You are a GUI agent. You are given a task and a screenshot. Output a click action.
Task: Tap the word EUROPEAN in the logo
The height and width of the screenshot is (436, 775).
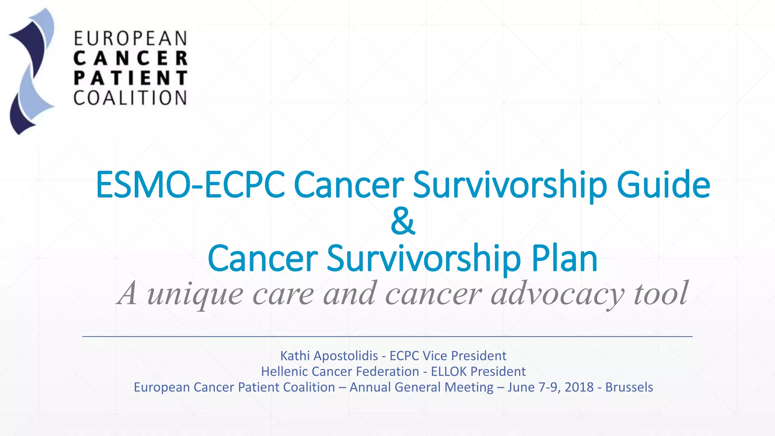[x=131, y=39]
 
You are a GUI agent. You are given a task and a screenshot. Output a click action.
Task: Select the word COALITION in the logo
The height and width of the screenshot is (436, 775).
[x=131, y=98]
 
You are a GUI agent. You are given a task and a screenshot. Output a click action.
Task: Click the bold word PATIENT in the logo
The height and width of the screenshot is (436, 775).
[x=131, y=78]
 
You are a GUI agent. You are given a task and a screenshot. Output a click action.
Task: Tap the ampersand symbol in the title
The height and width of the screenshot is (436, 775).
[x=403, y=221]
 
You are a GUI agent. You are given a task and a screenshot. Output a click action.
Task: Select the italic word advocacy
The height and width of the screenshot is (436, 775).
[x=557, y=294]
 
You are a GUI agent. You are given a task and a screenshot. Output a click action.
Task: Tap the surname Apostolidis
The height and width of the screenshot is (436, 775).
[x=345, y=356]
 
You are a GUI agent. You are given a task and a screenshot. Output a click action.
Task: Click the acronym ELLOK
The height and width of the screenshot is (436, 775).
[x=449, y=372]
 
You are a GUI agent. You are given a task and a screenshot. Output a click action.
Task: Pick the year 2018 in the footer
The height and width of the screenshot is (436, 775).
[x=579, y=387]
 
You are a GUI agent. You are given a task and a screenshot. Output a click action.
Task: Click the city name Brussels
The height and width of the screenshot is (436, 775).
[x=629, y=387]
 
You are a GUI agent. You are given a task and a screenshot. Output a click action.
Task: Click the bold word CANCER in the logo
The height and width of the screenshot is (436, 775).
[x=131, y=59]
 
